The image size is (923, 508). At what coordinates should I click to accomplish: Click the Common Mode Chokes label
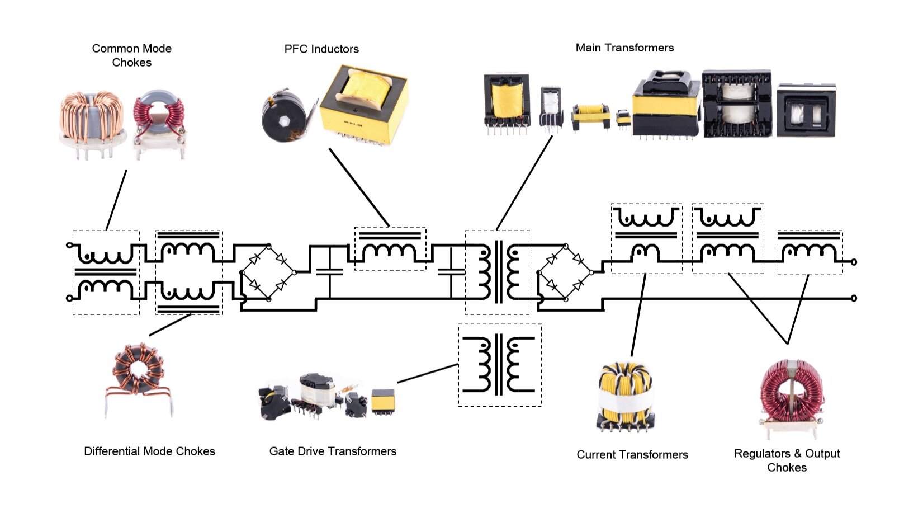[x=131, y=55]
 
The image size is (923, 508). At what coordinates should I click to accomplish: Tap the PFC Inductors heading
[x=321, y=49]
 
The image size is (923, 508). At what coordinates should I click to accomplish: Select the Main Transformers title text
[x=624, y=48]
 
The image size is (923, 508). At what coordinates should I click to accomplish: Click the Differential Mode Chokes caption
[x=149, y=451]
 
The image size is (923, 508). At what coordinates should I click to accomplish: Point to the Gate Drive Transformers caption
[x=333, y=451]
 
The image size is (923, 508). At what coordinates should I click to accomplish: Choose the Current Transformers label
[x=632, y=455]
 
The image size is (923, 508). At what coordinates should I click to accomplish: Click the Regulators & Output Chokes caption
[x=787, y=460]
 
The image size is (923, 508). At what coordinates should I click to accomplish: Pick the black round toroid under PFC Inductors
[x=283, y=116]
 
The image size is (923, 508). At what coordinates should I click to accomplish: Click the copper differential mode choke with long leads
[x=138, y=378]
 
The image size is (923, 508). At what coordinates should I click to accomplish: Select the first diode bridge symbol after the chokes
[x=267, y=272]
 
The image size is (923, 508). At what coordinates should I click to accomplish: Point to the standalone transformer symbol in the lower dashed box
[x=499, y=365]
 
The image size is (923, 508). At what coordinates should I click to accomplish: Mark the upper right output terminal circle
[x=854, y=262]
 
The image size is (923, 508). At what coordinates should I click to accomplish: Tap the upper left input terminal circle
[x=69, y=245]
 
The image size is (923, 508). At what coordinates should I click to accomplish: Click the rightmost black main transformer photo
[x=806, y=111]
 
